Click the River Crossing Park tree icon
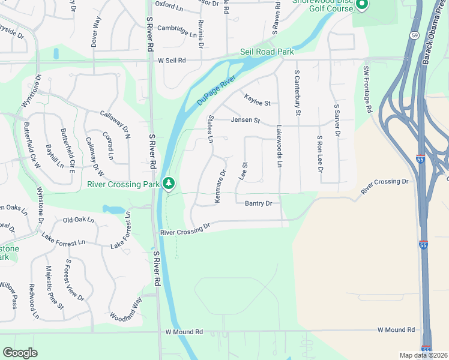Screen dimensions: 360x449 [x=170, y=182]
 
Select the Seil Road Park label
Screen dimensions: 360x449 [x=267, y=52]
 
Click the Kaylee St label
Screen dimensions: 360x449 [x=258, y=99]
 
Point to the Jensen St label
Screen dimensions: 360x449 [x=246, y=121]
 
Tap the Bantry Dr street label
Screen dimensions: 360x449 [x=259, y=203]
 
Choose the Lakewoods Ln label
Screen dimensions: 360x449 [x=279, y=146]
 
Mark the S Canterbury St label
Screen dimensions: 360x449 [x=297, y=92]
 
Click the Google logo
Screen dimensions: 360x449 [x=20, y=353]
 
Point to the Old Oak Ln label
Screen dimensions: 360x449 [x=79, y=220]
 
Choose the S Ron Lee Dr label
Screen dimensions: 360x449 [x=320, y=154]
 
